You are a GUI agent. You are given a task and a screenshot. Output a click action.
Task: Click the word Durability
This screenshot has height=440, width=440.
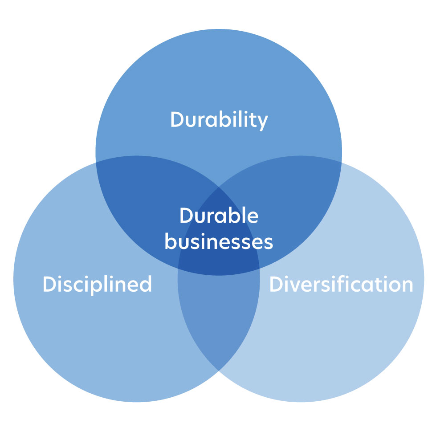click(x=219, y=120)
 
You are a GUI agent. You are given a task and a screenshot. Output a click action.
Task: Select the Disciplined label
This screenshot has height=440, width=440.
click(x=98, y=285)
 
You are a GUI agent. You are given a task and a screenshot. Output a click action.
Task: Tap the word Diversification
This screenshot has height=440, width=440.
click(x=341, y=284)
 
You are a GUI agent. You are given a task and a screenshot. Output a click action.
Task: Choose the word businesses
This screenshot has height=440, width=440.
click(x=219, y=241)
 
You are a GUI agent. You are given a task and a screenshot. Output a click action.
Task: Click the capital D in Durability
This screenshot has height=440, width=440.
click(x=177, y=119)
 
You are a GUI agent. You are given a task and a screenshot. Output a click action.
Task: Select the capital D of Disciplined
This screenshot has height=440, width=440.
click(x=49, y=284)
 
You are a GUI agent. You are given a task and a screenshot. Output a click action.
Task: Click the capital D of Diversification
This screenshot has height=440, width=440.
click(x=276, y=284)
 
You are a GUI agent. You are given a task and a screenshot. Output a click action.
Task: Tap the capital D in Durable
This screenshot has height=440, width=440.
click(x=186, y=215)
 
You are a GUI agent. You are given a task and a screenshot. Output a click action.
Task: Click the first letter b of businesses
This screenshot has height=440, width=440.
click(x=170, y=241)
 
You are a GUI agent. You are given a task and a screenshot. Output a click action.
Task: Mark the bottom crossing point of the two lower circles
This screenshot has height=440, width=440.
click(x=219, y=371)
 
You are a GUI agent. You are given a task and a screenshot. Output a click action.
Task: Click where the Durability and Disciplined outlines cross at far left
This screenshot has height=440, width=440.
click(x=96, y=162)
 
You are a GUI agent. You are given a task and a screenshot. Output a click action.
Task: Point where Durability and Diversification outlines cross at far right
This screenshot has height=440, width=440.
click(x=342, y=162)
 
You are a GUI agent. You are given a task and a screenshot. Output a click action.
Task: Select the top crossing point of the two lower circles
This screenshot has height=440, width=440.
click(x=219, y=187)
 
